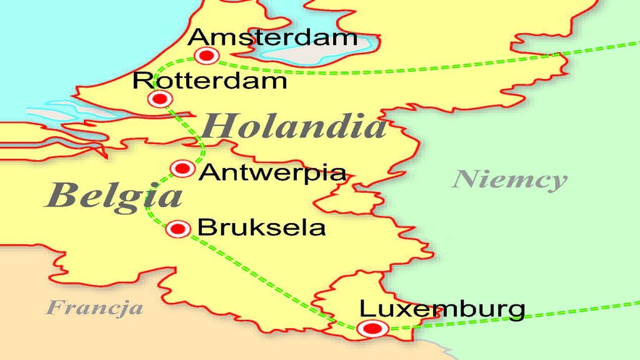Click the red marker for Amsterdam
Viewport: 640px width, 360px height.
tap(206, 55)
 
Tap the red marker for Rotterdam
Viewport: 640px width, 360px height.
tap(160, 99)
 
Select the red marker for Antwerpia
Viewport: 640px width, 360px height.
tap(182, 169)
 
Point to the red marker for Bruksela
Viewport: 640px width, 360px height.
tap(178, 229)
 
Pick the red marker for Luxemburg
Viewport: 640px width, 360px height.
tap(372, 328)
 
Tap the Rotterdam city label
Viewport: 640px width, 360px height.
tap(210, 80)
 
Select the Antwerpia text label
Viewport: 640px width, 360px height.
tap(272, 173)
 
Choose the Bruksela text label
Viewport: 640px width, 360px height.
tap(261, 228)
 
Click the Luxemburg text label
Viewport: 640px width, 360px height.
tap(442, 309)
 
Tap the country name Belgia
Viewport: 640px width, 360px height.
tap(113, 196)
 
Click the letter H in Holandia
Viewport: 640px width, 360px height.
tap(215, 126)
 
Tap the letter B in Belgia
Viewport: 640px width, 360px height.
tap(59, 195)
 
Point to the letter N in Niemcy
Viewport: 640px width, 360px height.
tap(464, 179)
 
